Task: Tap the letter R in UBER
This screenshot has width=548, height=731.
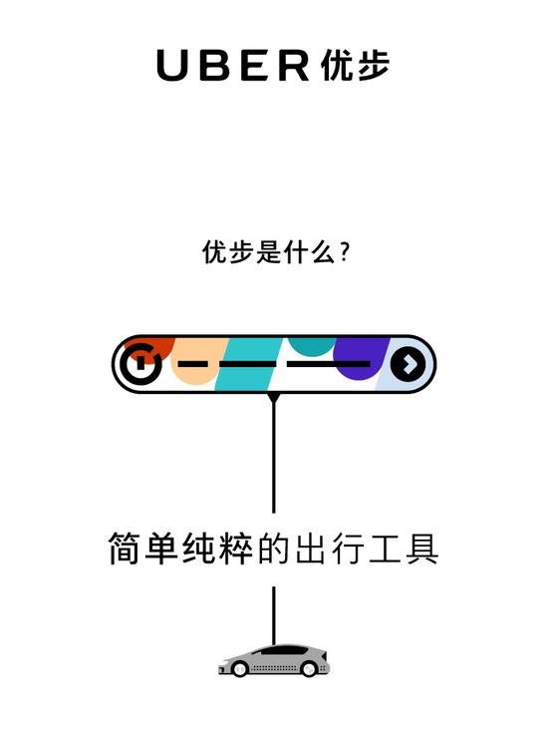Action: point(294,65)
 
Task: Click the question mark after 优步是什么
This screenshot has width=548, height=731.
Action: point(345,252)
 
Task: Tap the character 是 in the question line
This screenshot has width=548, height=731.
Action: point(269,252)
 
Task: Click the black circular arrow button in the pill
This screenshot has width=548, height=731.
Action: point(408,364)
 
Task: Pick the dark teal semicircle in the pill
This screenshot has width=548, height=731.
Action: point(311,346)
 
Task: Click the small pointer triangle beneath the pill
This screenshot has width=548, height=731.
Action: point(274,398)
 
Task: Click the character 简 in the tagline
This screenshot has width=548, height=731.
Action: point(125,548)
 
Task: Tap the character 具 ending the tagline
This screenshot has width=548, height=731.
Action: point(421,548)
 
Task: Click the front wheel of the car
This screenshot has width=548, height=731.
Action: point(239,669)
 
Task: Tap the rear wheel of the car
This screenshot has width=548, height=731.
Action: point(309,669)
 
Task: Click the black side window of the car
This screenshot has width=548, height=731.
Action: point(283,651)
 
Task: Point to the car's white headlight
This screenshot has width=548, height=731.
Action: point(226,661)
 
